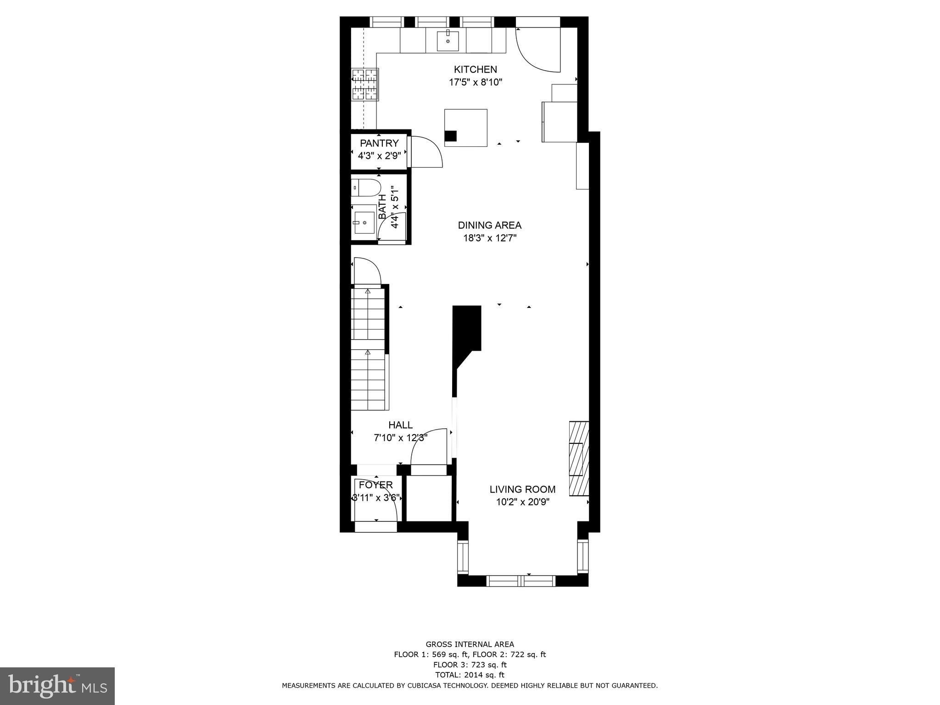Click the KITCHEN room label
[x=475, y=69]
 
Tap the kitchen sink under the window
[x=448, y=40]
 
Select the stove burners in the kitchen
[x=365, y=84]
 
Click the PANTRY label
[x=379, y=143]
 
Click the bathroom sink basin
[x=364, y=223]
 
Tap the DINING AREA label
[x=490, y=225]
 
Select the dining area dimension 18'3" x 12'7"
[x=490, y=238]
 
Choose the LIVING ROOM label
[x=522, y=489]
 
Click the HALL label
[x=400, y=425]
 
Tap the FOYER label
[x=376, y=485]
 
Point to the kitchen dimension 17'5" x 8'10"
[x=476, y=83]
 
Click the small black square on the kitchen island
[x=451, y=136]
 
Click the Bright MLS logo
[x=57, y=686]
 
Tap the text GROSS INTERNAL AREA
[x=470, y=644]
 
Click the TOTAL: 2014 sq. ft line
[x=470, y=675]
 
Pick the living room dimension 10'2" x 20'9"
[x=523, y=502]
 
